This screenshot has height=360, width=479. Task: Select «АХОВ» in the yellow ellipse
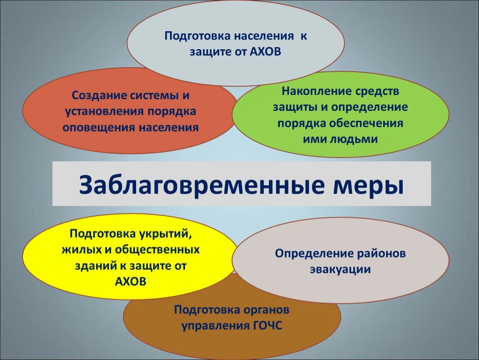[x=130, y=281]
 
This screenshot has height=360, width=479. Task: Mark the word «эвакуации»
[x=340, y=269]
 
